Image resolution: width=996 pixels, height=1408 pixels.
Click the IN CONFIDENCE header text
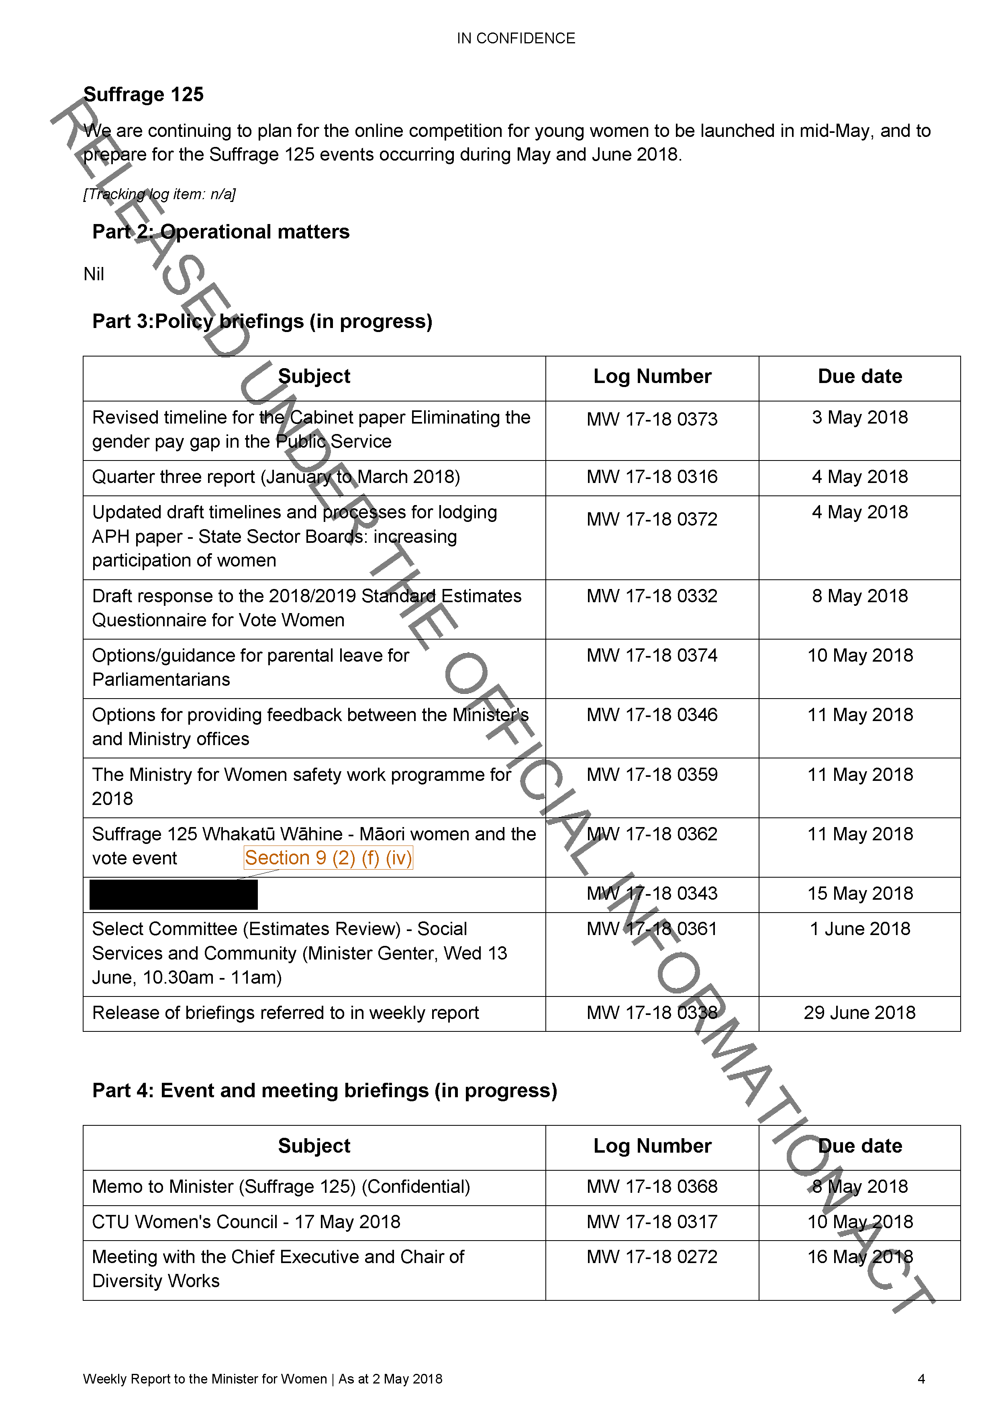click(516, 39)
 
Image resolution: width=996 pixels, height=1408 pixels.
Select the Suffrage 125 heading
click(143, 94)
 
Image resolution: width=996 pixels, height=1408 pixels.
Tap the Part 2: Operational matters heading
click(221, 232)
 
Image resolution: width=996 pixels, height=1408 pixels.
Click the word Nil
click(94, 274)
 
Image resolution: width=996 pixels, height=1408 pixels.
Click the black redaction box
click(173, 894)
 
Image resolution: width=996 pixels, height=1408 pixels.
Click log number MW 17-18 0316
click(652, 477)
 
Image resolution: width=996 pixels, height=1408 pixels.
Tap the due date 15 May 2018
click(860, 893)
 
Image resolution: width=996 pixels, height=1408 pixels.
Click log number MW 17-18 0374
click(652, 656)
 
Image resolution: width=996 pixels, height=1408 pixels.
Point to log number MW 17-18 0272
click(652, 1257)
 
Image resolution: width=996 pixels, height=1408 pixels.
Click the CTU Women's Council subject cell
click(246, 1222)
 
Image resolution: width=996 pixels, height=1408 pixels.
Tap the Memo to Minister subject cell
click(281, 1187)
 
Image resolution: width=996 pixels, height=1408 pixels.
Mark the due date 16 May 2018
click(860, 1257)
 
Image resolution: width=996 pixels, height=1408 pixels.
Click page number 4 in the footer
click(920, 1379)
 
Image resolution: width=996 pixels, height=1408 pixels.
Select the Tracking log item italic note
click(159, 194)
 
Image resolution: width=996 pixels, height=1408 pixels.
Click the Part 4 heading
click(325, 1091)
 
